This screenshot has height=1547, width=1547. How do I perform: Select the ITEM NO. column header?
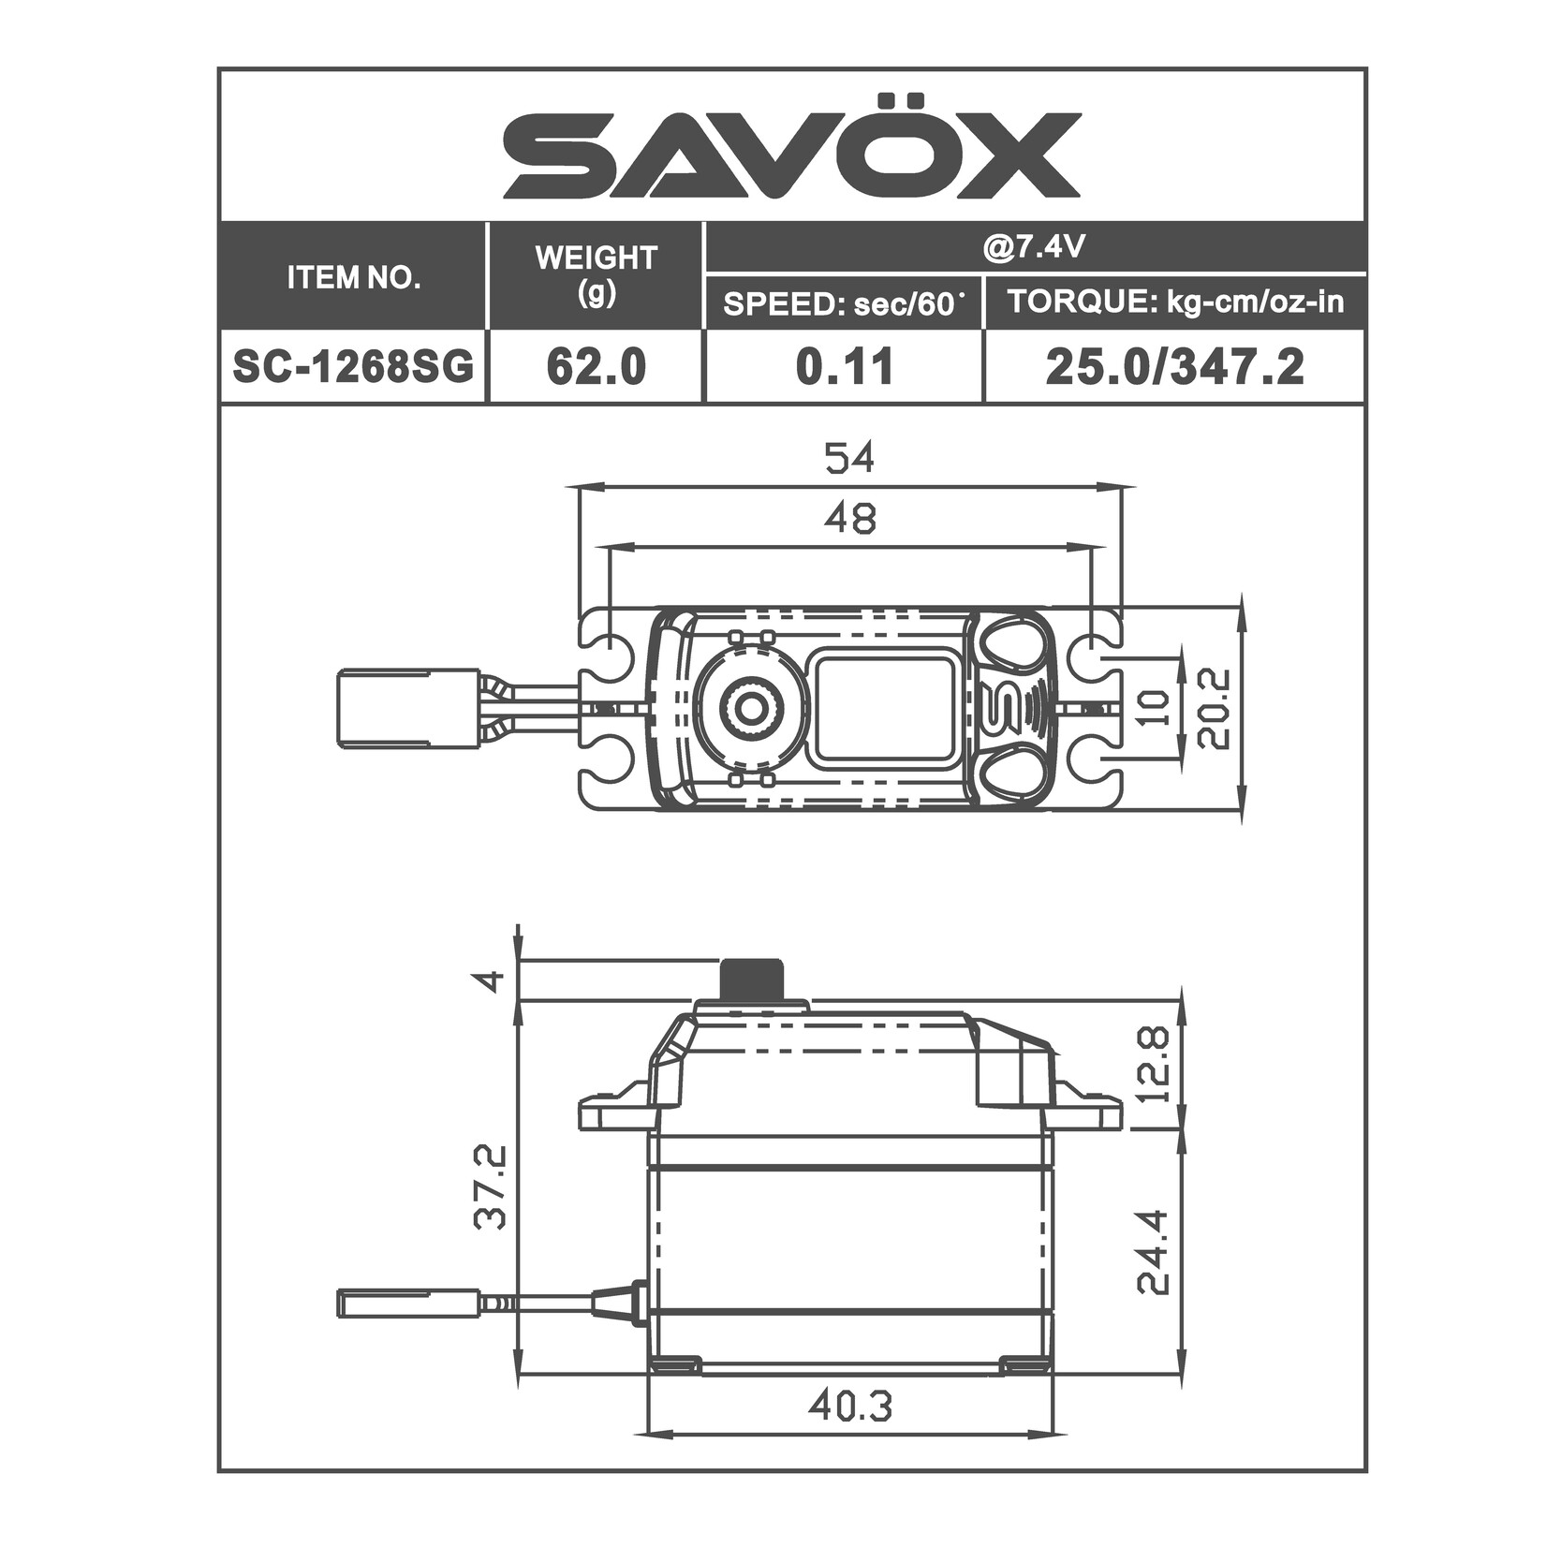click(354, 278)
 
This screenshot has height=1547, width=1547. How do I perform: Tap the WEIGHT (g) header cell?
click(597, 275)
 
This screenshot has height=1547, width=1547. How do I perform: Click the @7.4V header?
click(1035, 248)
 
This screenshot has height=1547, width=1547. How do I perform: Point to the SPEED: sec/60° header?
click(844, 303)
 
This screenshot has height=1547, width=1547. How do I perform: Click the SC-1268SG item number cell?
click(354, 367)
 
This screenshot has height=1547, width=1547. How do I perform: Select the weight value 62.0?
click(597, 367)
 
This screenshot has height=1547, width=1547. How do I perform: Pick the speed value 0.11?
click(844, 367)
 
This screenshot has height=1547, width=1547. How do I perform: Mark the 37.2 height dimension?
click(491, 1186)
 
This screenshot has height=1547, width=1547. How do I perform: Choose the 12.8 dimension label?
click(1154, 1064)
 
